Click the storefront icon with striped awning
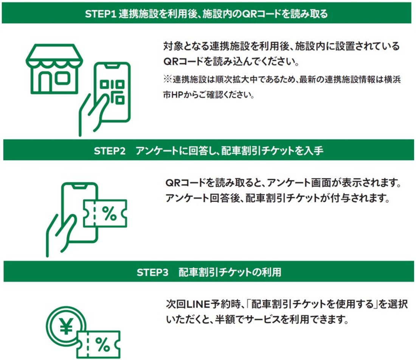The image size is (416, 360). pos(54,69)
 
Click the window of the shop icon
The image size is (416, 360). pos(62,78)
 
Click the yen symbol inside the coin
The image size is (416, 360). pos(67,327)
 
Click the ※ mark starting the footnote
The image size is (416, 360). pos(167,80)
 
